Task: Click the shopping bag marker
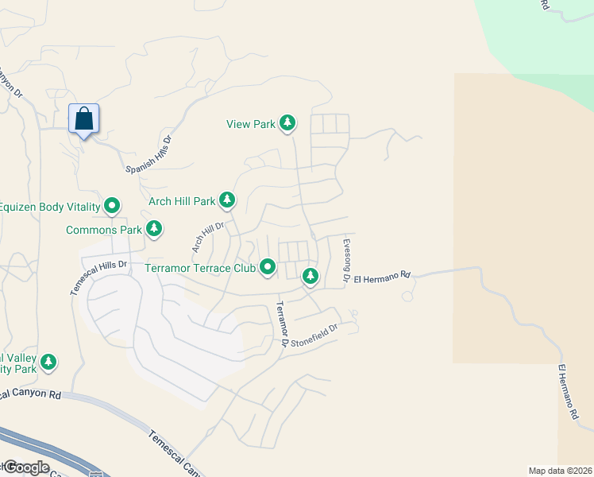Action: point(83,119)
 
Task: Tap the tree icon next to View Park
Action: point(287,123)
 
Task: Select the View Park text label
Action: point(250,124)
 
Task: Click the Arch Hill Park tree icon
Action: point(228,199)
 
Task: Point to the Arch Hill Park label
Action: point(182,202)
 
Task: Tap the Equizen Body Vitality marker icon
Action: point(113,207)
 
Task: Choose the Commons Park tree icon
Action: point(154,230)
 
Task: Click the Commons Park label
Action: point(103,231)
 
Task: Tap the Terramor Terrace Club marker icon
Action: point(268,268)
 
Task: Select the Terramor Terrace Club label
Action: point(199,268)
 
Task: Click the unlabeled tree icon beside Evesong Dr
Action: point(310,277)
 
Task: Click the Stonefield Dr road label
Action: point(314,334)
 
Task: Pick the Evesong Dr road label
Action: point(346,261)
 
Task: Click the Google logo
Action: point(25,467)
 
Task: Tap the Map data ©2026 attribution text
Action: point(560,471)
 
